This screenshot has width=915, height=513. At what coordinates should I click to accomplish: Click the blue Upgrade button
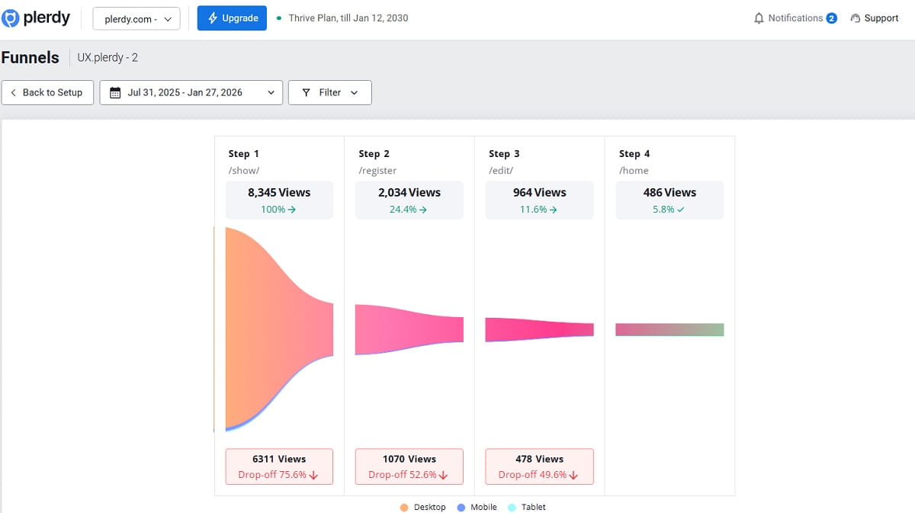pos(232,18)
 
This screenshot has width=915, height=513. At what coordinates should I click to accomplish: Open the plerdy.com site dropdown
pos(136,19)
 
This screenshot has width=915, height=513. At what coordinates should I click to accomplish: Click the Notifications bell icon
pos(759,18)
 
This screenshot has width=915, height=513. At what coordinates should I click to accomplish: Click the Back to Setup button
pos(47,92)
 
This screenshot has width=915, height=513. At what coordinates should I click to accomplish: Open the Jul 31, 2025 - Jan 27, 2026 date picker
pos(191,92)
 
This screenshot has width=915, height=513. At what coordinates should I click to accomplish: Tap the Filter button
pos(329,92)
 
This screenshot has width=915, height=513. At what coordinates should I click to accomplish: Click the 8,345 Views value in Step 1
pos(279,193)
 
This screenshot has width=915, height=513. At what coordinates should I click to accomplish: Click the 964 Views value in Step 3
pos(539,193)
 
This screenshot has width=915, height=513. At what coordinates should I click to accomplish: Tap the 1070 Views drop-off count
pos(409,459)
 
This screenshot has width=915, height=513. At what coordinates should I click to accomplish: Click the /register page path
pos(377,171)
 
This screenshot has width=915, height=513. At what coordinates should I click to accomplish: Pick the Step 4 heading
pos(634,154)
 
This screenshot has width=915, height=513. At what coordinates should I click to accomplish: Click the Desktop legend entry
pos(423,507)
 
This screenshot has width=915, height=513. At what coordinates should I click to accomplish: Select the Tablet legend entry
pos(527,507)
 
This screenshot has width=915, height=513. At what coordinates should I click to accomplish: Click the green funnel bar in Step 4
pos(669,330)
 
